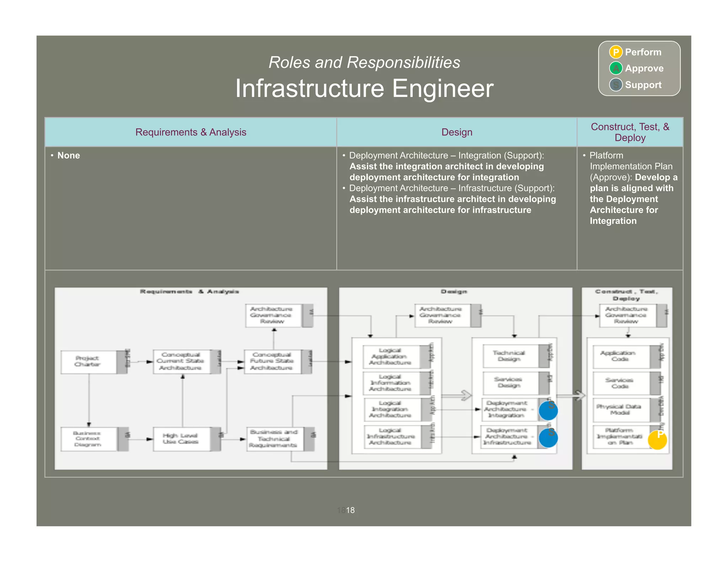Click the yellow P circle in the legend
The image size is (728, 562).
click(615, 52)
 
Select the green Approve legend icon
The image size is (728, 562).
click(615, 68)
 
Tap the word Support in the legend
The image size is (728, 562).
click(643, 85)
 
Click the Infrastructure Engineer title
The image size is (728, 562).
click(364, 88)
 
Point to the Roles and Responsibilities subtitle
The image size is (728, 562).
click(364, 63)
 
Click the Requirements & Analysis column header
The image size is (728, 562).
click(191, 132)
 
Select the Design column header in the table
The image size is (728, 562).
click(456, 132)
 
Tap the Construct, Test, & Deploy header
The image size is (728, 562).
click(630, 132)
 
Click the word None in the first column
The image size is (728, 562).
click(69, 156)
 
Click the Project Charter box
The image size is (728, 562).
click(88, 361)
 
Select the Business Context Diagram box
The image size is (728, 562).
click(88, 439)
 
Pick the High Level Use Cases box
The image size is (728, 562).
click(181, 439)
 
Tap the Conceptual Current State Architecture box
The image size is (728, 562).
click(181, 361)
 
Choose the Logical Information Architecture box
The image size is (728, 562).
click(391, 383)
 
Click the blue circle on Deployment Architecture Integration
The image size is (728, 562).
click(548, 411)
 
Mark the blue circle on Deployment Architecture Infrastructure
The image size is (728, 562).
click(548, 438)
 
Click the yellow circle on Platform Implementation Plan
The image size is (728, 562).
click(657, 440)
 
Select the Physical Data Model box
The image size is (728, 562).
click(620, 410)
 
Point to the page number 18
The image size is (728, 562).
click(350, 510)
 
